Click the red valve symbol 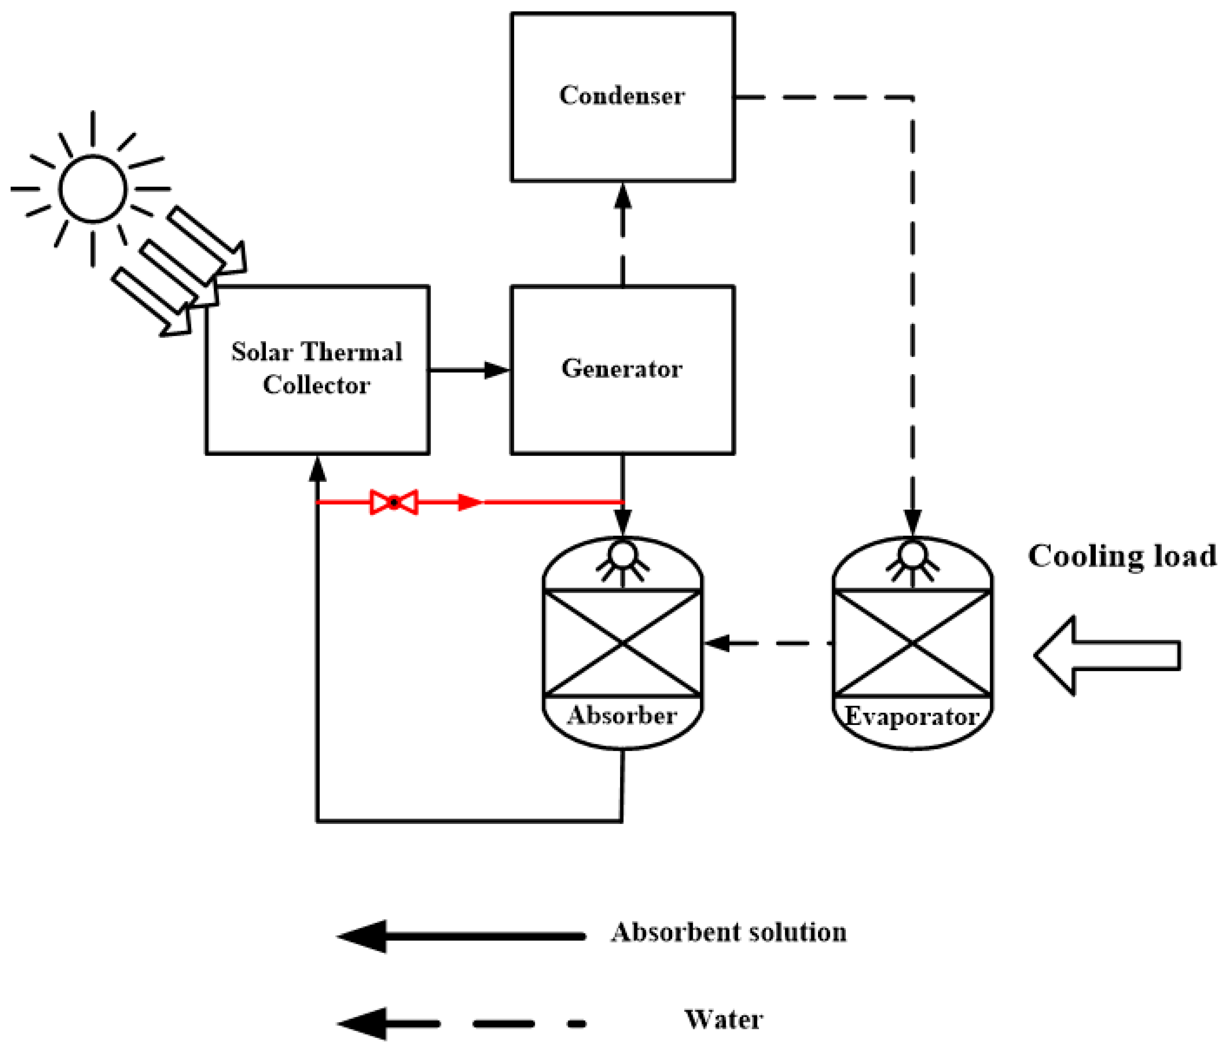coord(394,503)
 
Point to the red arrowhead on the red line coord(471,503)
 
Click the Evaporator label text coord(912,716)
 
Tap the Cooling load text coord(1122,556)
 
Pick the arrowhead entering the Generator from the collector coord(497,370)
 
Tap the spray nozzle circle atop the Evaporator coord(912,554)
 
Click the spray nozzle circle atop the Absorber coord(623,554)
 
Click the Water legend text coord(723,1020)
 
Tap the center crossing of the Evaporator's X coord(912,643)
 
